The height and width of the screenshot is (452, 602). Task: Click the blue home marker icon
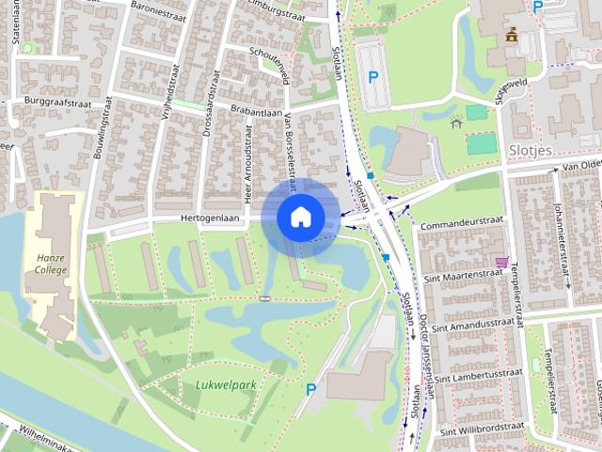click(x=300, y=217)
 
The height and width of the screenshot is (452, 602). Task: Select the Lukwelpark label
click(x=226, y=384)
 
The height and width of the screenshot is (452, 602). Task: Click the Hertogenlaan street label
click(x=213, y=218)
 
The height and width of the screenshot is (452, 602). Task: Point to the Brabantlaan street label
click(x=255, y=111)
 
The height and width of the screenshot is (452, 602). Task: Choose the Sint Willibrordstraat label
click(x=483, y=428)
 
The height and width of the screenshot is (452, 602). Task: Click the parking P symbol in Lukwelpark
click(x=310, y=389)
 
